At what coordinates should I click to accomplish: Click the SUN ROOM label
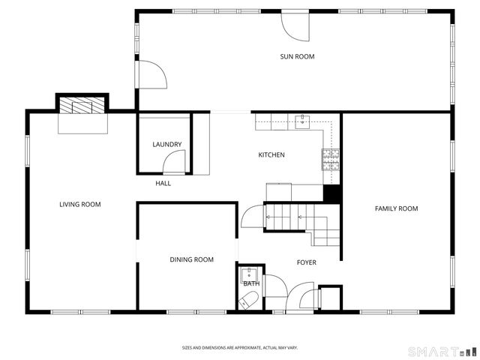pyautogui.click(x=297, y=56)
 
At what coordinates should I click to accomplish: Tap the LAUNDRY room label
pyautogui.click(x=166, y=145)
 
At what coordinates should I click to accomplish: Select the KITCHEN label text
pyautogui.click(x=271, y=155)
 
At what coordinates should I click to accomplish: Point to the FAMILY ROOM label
pyautogui.click(x=396, y=208)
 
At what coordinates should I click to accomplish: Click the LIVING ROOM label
pyautogui.click(x=80, y=204)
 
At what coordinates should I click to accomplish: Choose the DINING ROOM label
pyautogui.click(x=191, y=259)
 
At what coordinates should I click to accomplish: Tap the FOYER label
pyautogui.click(x=306, y=262)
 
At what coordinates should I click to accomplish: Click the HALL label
pyautogui.click(x=163, y=183)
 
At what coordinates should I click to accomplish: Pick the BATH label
pyautogui.click(x=250, y=283)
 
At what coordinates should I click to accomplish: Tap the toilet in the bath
pyautogui.click(x=248, y=301)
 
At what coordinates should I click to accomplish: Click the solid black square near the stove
pyautogui.click(x=331, y=193)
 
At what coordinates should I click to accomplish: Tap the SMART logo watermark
pyautogui.click(x=442, y=350)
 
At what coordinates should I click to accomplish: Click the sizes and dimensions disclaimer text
pyautogui.click(x=240, y=347)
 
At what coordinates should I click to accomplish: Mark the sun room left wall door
pyautogui.click(x=149, y=75)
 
